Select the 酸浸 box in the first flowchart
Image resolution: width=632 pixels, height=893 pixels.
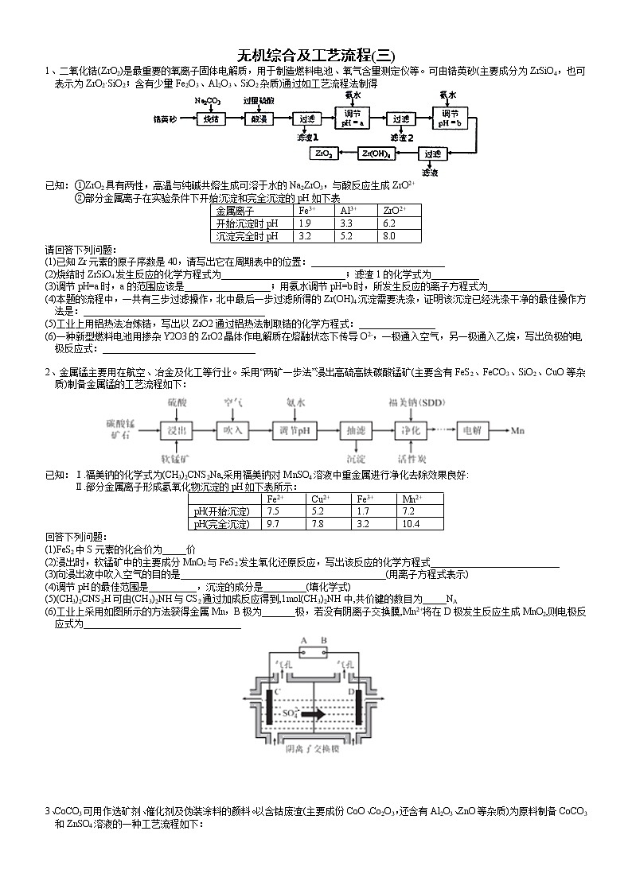click(x=257, y=119)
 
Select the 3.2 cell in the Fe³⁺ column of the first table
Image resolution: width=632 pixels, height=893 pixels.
click(x=305, y=236)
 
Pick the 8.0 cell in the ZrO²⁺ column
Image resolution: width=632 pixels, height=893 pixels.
click(x=389, y=236)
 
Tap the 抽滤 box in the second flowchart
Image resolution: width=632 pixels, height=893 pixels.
click(x=355, y=430)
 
